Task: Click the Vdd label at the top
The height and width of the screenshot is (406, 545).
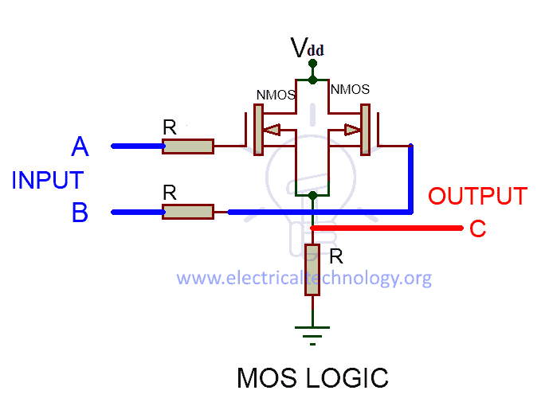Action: tap(307, 49)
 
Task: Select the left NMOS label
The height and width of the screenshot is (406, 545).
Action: tap(276, 94)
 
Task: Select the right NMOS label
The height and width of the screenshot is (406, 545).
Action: tap(349, 89)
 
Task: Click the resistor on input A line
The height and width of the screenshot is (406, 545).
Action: tap(188, 146)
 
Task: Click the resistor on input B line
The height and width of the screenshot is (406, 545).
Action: tap(188, 212)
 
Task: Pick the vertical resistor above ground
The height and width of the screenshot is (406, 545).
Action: tap(312, 270)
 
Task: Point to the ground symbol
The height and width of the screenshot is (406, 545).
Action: tap(312, 332)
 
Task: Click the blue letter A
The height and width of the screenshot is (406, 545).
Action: tap(80, 146)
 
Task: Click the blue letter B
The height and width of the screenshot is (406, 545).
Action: tap(80, 213)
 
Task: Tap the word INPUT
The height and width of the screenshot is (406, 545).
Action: tap(48, 180)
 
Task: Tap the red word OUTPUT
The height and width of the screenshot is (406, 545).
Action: tap(477, 197)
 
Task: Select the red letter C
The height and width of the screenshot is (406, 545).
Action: tap(477, 229)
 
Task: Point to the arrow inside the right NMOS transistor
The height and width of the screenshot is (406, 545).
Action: tap(351, 130)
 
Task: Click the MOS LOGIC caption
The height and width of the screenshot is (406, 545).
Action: tap(312, 378)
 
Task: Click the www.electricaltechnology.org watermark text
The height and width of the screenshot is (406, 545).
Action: tap(304, 278)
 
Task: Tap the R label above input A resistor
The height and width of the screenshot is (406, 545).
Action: tap(169, 127)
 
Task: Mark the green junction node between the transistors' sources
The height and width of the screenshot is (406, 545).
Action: tap(312, 195)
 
